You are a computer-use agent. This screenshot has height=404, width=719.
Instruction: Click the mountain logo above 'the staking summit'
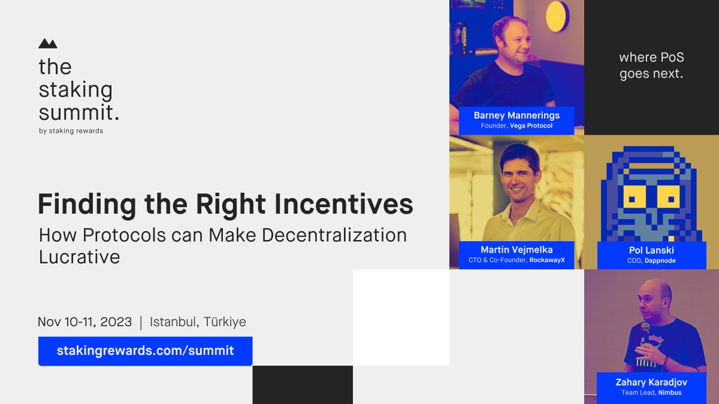[x=47, y=44]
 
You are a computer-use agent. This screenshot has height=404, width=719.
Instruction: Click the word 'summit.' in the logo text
[x=78, y=112]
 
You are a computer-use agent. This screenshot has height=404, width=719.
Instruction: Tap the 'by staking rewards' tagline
[x=71, y=131]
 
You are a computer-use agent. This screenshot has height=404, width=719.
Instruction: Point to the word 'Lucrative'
[x=79, y=257]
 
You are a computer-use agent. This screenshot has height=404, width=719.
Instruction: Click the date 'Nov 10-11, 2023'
[x=84, y=322]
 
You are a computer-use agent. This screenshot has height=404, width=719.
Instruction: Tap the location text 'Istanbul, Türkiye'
[x=198, y=322]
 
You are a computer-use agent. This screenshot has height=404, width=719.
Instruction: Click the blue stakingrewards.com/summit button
[x=145, y=351]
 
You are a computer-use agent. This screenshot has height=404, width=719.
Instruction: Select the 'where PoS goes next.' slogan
[x=651, y=66]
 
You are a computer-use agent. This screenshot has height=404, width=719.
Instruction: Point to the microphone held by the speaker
[x=645, y=328]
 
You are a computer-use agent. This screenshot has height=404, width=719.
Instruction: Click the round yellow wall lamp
[x=557, y=16]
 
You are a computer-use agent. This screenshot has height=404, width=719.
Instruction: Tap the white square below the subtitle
[x=401, y=317]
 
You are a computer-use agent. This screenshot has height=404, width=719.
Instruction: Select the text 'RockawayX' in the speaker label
[x=547, y=261]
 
